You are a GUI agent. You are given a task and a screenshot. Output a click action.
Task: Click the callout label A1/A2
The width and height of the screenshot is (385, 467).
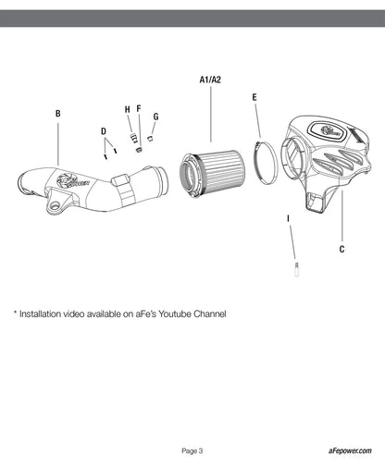210,80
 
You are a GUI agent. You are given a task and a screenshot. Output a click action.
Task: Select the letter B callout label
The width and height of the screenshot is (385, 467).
57,114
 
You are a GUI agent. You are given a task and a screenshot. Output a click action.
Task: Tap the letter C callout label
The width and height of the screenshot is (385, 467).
342,249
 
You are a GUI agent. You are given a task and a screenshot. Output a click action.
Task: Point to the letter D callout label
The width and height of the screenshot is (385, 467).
104,131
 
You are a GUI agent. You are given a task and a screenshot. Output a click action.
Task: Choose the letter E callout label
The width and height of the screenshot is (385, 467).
255,97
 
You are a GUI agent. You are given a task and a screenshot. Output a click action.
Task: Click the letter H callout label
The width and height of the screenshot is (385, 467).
128,109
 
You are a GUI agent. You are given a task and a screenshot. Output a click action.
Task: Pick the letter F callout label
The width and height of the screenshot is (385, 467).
139,108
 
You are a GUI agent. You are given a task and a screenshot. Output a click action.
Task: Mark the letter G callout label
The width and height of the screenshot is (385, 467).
155,117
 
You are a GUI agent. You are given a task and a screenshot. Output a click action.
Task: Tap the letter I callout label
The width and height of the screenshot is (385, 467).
289,218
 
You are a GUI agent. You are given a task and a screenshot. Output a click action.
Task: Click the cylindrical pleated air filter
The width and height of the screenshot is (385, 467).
213,173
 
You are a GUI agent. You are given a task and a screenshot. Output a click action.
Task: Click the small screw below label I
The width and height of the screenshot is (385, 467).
297,269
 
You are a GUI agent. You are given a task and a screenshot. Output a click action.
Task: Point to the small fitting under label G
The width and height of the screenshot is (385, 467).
151,138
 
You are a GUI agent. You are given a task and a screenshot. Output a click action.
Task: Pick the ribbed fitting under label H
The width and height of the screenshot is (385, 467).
133,138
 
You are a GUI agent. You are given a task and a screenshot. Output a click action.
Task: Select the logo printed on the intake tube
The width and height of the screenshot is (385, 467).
73,180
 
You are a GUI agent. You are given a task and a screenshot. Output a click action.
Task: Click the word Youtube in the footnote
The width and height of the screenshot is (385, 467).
175,314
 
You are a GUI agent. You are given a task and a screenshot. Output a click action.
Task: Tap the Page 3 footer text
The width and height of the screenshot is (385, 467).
192,451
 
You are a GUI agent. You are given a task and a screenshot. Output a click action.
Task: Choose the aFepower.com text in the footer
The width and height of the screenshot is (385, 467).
350,451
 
